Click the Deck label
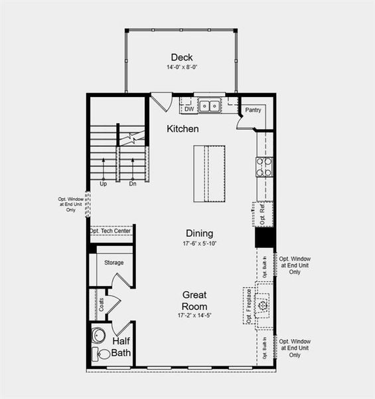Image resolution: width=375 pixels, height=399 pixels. [181, 57]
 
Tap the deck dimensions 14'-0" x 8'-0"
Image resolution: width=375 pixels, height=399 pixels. [181, 68]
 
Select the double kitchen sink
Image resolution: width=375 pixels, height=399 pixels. [210, 105]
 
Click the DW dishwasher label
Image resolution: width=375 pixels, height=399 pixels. [189, 109]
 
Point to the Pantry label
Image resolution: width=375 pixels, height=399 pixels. [253, 110]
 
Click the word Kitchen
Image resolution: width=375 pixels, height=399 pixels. [183, 128]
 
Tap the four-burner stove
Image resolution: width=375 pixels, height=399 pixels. [264, 167]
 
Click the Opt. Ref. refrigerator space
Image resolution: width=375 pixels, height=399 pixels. [263, 213]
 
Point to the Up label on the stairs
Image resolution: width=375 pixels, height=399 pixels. [104, 184]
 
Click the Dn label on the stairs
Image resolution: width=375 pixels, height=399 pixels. [133, 184]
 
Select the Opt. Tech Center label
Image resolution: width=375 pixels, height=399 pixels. [111, 231]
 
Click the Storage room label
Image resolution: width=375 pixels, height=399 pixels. [113, 263]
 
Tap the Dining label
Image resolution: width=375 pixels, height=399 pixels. [199, 233]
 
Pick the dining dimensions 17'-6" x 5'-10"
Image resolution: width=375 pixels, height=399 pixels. [199, 243]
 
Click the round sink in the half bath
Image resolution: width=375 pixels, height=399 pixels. [100, 335]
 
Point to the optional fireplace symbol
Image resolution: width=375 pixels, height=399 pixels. [263, 305]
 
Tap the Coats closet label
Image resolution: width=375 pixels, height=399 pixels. [102, 305]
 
